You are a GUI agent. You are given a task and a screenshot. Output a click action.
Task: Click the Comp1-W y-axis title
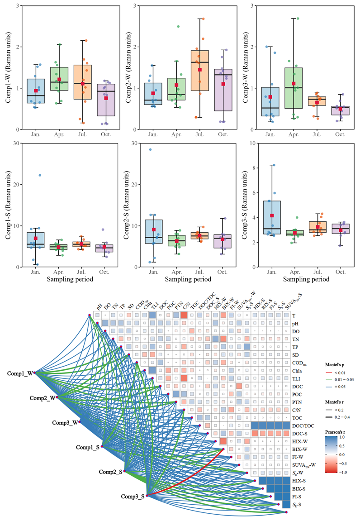9,68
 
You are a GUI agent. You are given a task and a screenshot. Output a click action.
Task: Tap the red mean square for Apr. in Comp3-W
294,84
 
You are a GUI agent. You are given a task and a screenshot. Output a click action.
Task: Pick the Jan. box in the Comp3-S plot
272,217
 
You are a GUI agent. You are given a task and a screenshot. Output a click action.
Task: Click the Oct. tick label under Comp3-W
340,135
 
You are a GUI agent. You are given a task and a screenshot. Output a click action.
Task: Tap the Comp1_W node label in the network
19,373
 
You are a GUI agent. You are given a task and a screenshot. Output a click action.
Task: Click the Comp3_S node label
133,496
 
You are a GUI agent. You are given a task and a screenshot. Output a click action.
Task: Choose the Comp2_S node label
110,472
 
